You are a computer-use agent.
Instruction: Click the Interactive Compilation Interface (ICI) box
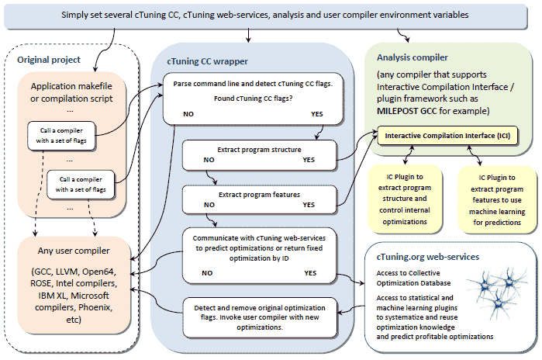click(447, 136)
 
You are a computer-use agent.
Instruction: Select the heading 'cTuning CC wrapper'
click(207, 61)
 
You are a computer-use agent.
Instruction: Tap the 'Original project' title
click(49, 60)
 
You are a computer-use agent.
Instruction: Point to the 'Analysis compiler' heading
click(412, 57)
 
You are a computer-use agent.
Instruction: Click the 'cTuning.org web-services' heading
click(427, 257)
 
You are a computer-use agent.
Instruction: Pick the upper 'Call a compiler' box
click(61, 136)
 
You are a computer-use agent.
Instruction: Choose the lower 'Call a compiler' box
click(81, 185)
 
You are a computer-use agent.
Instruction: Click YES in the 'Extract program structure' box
click(309, 160)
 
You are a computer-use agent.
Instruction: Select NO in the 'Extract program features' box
click(209, 205)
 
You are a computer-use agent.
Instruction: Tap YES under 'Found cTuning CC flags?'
click(316, 114)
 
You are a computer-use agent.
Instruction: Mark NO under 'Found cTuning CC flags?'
click(188, 114)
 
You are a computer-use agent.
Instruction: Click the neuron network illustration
click(498, 292)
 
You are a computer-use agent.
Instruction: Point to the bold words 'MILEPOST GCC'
click(407, 111)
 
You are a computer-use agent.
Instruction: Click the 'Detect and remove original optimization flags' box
click(260, 317)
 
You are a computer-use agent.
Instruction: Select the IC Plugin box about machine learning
click(497, 200)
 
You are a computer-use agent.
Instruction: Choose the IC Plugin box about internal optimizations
click(405, 199)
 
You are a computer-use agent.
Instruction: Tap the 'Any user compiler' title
click(74, 251)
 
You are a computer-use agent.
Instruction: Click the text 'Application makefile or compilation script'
click(71, 92)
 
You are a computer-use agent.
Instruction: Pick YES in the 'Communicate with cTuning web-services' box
click(310, 273)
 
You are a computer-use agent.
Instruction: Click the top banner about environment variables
click(265, 16)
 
